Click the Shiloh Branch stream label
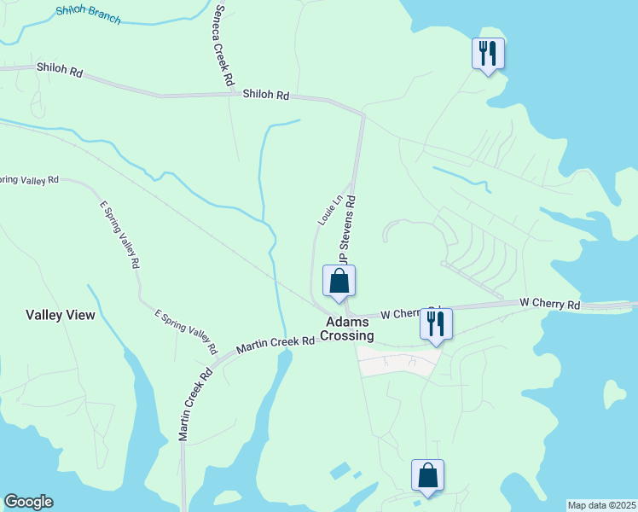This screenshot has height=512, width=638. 89,15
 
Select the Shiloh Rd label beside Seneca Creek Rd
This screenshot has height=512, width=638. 265,95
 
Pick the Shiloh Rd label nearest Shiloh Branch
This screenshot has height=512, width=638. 59,70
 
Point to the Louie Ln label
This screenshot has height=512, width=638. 330,210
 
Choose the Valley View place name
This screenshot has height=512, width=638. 61,315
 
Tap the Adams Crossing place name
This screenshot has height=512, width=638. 348,329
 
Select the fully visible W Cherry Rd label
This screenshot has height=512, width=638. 550,304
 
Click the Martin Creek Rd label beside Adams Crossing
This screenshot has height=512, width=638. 275,343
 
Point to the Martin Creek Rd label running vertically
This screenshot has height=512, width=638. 194,404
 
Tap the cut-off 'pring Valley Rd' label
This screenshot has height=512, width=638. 29,180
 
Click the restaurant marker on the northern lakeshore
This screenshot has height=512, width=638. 488,54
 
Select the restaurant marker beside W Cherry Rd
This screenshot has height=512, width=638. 436,323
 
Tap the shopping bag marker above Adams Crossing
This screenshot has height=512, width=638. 339,281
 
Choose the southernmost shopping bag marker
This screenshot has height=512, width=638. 427,475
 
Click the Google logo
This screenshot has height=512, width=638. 28,502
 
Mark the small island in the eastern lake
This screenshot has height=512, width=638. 615,394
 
